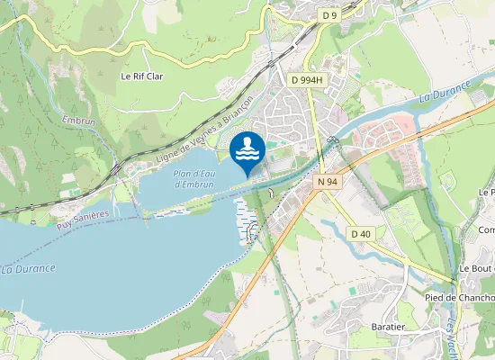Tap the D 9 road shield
[330, 15]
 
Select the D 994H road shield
[307, 80]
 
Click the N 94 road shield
[328, 182]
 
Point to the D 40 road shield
[360, 234]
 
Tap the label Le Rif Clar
[142, 76]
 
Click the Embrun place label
[78, 120]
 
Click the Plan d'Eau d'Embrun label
[192, 178]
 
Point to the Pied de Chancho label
[459, 298]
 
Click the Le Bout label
[476, 269]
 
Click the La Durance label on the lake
[28, 268]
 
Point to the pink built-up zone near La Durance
[387, 135]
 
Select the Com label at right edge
[486, 230]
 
